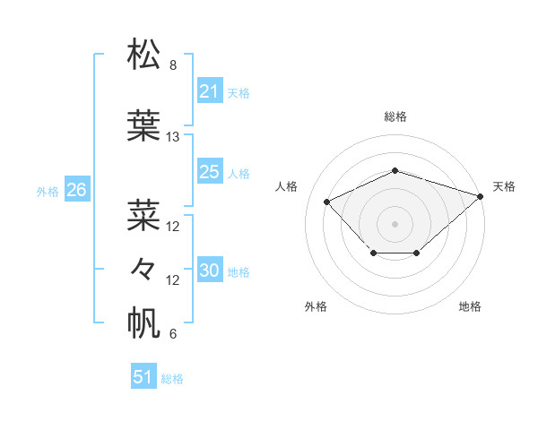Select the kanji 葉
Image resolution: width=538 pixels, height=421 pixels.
(144, 125)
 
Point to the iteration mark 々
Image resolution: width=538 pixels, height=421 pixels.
(144, 268)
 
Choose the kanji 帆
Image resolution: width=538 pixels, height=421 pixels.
(144, 322)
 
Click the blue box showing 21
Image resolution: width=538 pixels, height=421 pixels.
(209, 91)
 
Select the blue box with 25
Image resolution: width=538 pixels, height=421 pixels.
(209, 172)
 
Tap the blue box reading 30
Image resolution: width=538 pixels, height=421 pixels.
(209, 271)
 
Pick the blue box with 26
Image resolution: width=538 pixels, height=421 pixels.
(76, 190)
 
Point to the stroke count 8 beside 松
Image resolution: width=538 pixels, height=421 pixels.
(173, 65)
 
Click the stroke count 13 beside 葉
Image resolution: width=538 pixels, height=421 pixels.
(173, 137)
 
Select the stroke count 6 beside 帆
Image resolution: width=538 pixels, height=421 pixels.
(173, 334)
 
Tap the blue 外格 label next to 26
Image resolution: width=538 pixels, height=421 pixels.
(48, 191)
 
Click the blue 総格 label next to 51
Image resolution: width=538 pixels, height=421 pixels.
(172, 379)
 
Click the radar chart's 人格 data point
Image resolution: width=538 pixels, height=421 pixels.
(326, 202)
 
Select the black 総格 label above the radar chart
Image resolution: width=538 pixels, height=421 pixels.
(395, 116)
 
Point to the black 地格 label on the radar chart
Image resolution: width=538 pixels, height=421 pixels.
(470, 306)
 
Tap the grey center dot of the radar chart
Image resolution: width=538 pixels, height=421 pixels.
(395, 223)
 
